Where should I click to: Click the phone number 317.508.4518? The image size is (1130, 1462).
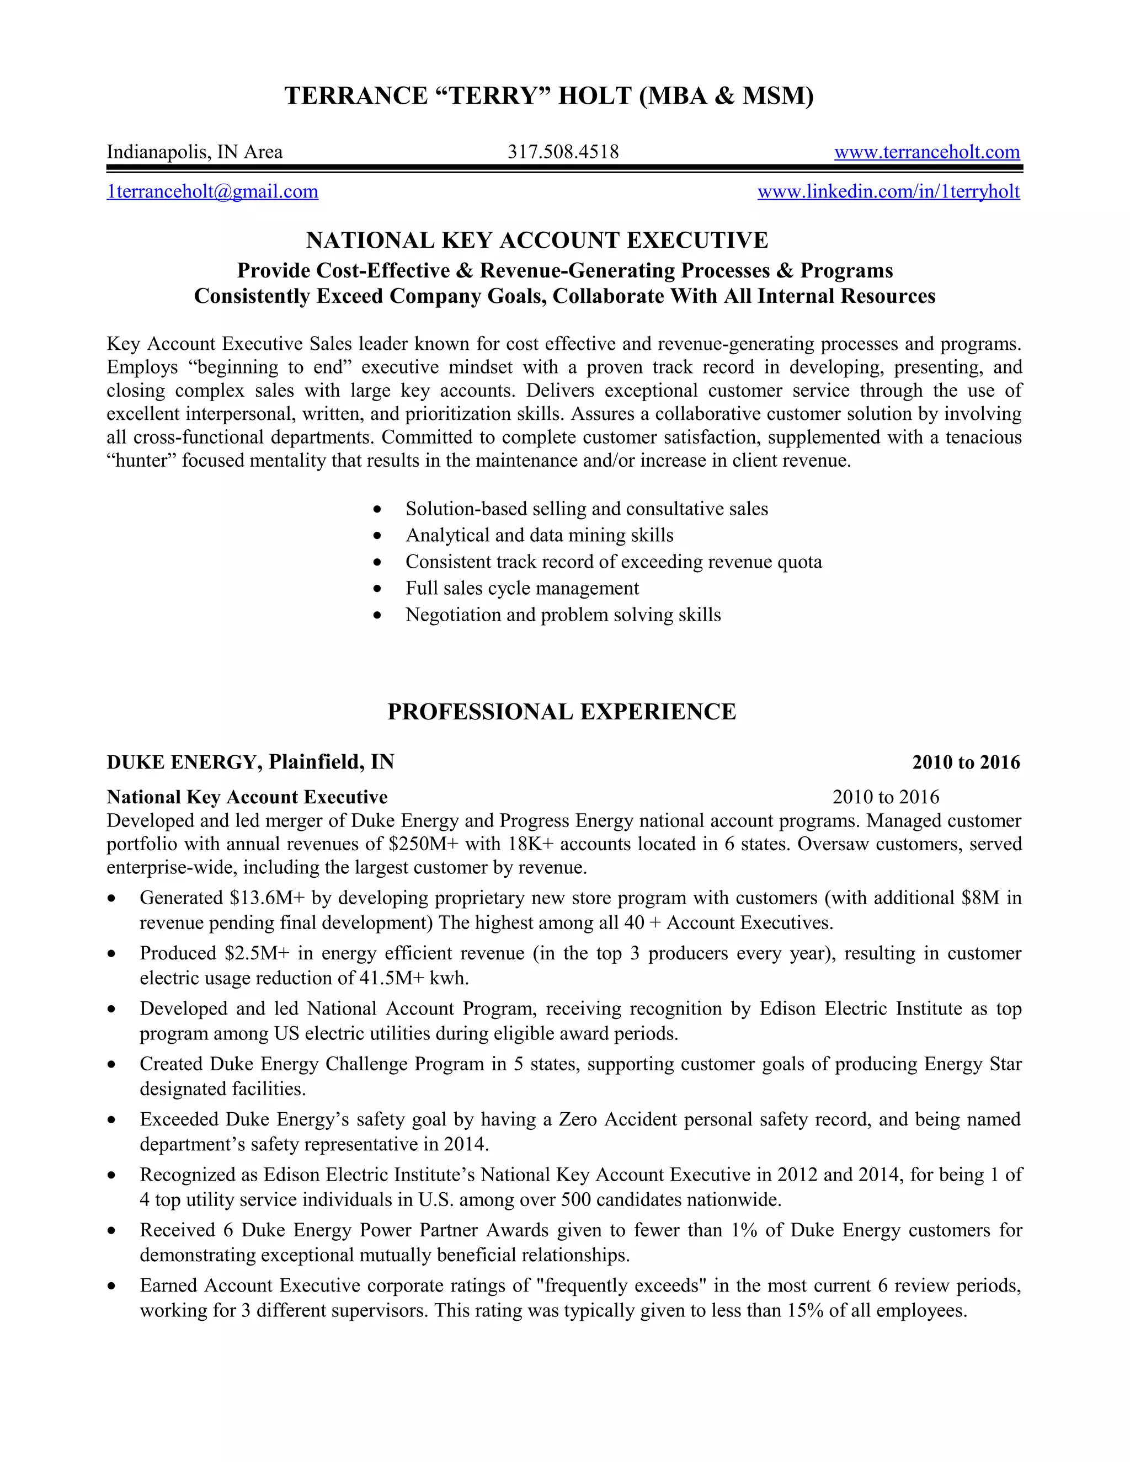(562, 152)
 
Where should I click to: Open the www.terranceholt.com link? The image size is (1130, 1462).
(926, 152)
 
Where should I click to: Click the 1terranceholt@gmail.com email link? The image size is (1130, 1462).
(212, 191)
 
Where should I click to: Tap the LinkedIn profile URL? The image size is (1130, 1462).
(888, 191)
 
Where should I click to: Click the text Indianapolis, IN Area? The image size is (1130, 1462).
(195, 152)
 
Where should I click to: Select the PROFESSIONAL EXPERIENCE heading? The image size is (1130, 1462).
(562, 712)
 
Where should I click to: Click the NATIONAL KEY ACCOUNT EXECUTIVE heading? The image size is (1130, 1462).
(537, 241)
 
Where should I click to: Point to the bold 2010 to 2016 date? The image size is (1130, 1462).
(966, 762)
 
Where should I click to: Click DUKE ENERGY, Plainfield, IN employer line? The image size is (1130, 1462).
(250, 762)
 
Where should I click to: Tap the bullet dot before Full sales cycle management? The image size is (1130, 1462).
(377, 589)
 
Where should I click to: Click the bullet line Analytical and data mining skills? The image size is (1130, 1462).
(539, 536)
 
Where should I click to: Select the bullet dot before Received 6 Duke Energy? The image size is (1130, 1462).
(112, 1231)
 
